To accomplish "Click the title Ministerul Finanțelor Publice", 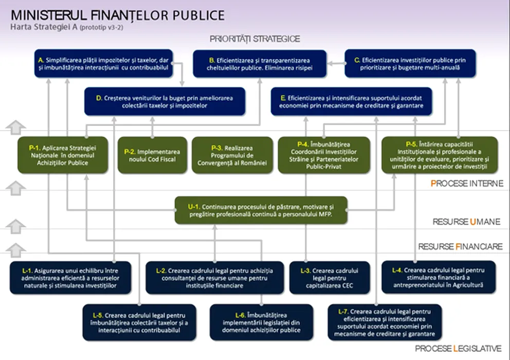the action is click(118, 15).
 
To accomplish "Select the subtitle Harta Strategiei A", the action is click(44, 27).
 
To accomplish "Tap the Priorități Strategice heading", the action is click(254, 39).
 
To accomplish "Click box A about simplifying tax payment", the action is click(103, 63).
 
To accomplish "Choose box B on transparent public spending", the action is click(260, 64).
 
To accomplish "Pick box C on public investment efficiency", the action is click(410, 63).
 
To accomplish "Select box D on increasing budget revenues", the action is click(165, 101).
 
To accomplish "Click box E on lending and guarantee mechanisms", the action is click(351, 101).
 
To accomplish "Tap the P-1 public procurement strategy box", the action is click(63, 155).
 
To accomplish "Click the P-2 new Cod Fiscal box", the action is click(152, 155).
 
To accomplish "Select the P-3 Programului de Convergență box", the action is click(232, 155).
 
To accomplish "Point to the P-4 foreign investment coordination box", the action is click(324, 155).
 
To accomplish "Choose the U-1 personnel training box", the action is click(261, 210).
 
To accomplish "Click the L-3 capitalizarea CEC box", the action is click(330, 278).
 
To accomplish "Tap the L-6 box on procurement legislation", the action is click(262, 322).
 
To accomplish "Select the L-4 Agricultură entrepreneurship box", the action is click(439, 277).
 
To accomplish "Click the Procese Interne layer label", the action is click(467, 184).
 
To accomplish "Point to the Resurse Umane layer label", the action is click(466, 222).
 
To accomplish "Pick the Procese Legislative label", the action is click(458, 349).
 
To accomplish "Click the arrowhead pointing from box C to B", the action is click(330, 63).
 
